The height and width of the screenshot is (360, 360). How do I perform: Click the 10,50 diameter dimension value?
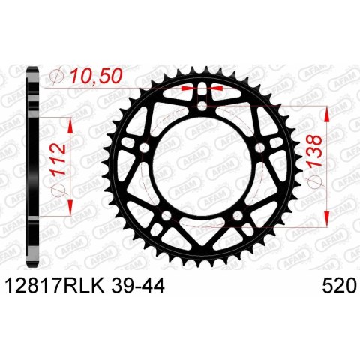coord(96,76)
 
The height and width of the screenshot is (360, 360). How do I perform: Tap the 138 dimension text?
coord(315,151)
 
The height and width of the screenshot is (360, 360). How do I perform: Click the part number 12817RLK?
coord(55,286)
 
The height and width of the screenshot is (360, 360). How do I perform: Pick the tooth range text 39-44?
coord(138,286)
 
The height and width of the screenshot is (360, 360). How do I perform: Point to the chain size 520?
coord(338,286)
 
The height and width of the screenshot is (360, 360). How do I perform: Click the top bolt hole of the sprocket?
coord(202,106)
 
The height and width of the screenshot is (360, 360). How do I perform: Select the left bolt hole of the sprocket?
coord(145,148)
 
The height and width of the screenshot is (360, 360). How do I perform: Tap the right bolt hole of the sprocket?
coord(260,148)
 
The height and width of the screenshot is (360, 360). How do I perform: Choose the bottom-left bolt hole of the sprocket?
coord(166,215)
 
